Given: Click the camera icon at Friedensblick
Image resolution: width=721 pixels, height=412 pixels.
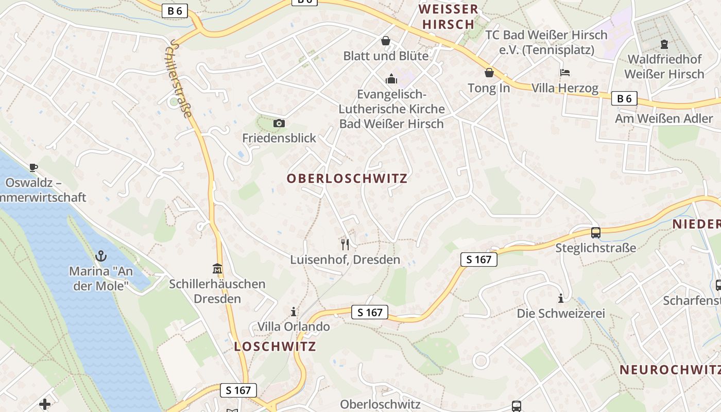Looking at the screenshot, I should [x=279, y=124].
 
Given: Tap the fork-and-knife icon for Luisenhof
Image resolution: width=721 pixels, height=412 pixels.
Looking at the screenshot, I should [x=345, y=244].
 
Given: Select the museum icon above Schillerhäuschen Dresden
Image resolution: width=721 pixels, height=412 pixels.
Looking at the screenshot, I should [x=217, y=269].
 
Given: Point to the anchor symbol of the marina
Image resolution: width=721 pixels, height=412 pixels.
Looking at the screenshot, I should [x=101, y=256].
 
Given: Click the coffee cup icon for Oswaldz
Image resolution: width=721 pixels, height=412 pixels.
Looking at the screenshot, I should [x=33, y=167].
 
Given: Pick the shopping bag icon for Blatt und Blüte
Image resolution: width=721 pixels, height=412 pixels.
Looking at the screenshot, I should [x=385, y=41].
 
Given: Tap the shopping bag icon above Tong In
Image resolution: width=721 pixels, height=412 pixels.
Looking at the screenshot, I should [x=489, y=73].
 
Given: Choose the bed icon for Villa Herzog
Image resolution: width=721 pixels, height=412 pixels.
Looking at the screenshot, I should [x=565, y=73].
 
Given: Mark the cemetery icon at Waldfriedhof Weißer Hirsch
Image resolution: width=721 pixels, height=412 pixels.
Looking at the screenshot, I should [x=664, y=44].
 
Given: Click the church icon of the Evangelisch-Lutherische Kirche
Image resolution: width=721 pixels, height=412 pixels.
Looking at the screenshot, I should [x=391, y=79].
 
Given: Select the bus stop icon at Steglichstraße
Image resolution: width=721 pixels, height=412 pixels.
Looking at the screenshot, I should [x=595, y=233].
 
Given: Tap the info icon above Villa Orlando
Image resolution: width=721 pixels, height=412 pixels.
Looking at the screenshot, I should [x=294, y=312].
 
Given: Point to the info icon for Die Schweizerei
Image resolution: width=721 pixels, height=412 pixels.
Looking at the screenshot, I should [x=561, y=298].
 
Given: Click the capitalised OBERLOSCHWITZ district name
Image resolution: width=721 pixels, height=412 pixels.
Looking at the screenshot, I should [x=347, y=179].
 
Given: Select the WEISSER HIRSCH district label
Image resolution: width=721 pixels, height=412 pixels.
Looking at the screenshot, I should [x=448, y=16].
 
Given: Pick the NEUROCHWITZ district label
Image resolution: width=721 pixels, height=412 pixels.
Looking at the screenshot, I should [x=669, y=370].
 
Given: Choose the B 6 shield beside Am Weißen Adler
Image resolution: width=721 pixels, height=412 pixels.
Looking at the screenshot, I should [x=624, y=98].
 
